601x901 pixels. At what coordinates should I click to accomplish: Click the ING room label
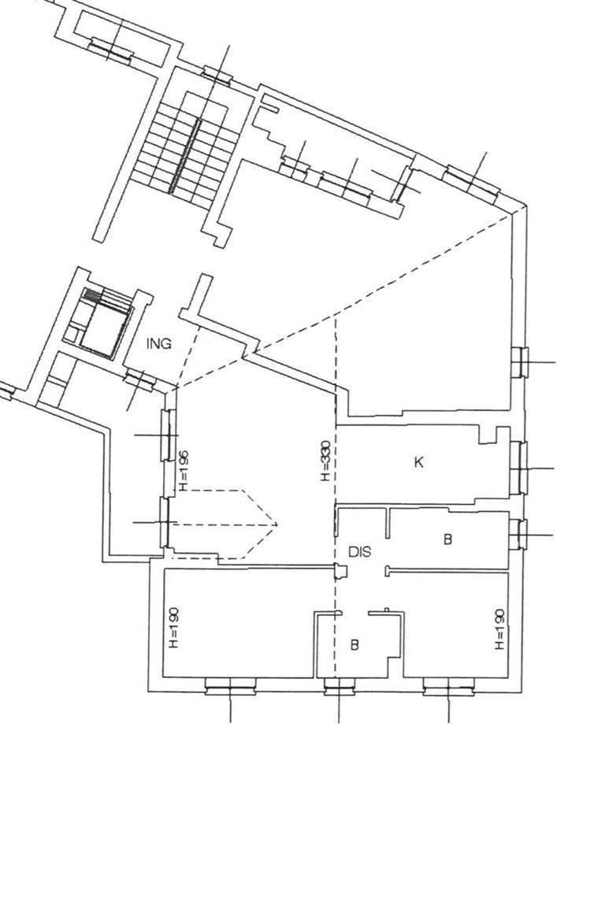159,344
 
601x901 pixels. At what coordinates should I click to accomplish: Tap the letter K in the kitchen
419,462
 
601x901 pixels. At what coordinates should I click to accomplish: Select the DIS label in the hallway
360,551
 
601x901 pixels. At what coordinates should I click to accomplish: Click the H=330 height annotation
326,461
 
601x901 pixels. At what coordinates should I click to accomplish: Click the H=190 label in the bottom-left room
175,628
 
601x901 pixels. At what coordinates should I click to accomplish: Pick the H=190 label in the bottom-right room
500,630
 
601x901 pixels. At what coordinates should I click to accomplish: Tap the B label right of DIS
448,539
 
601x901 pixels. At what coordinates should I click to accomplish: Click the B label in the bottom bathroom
354,645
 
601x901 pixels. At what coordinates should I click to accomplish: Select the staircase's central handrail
185,155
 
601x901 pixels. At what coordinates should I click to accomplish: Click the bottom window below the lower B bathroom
339,687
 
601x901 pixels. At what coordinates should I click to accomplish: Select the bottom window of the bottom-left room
231,687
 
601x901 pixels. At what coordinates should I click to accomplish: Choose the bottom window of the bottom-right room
449,687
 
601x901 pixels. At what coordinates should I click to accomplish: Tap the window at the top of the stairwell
217,74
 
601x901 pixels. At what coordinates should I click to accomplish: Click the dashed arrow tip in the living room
277,524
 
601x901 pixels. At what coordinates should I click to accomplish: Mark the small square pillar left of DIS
341,572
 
